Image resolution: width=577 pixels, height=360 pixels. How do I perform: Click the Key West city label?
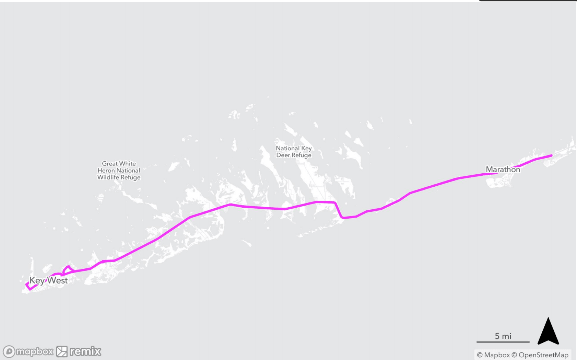(48, 280)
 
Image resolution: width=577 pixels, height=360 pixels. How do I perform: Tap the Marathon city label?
(503, 169)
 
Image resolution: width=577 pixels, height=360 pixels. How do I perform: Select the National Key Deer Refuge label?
(294, 152)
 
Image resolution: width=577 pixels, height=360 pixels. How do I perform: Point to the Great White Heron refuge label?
(119, 170)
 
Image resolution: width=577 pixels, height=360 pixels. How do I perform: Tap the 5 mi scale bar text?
(503, 336)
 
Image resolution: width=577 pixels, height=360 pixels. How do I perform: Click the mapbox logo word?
(35, 351)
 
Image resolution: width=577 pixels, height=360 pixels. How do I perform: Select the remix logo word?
(85, 351)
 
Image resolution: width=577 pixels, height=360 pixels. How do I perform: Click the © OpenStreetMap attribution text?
(540, 355)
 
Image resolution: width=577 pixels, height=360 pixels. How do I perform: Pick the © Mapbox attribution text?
(493, 355)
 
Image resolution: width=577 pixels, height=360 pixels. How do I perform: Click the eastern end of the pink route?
(551, 156)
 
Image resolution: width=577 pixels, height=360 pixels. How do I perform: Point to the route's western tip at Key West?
(27, 285)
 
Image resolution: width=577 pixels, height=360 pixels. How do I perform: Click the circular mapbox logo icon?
(9, 351)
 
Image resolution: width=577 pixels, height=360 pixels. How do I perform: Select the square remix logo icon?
(62, 351)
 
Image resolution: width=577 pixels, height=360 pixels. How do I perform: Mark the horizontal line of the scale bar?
(503, 342)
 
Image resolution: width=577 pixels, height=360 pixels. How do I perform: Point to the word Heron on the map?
(106, 171)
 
